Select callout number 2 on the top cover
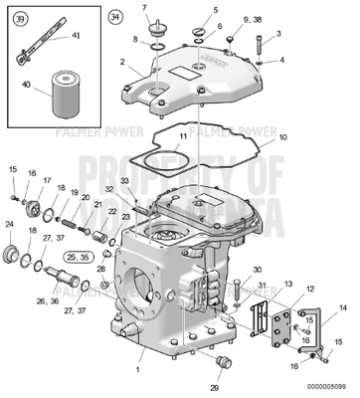122,62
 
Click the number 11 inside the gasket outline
181,135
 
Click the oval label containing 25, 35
77,256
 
